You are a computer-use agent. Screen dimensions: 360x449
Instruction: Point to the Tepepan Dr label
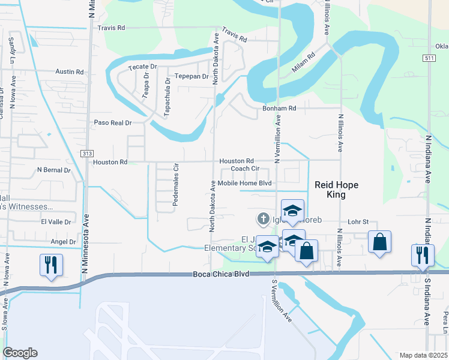(x=191, y=76)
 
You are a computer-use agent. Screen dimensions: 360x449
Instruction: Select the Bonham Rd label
(x=280, y=109)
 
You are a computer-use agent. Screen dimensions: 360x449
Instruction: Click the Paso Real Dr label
(x=112, y=122)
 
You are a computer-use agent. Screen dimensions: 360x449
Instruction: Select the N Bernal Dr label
(x=53, y=170)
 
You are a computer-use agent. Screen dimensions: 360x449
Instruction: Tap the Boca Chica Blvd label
(x=221, y=274)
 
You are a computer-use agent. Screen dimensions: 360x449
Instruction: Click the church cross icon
(x=262, y=220)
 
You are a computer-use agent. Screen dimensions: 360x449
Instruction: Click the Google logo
(x=20, y=353)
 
